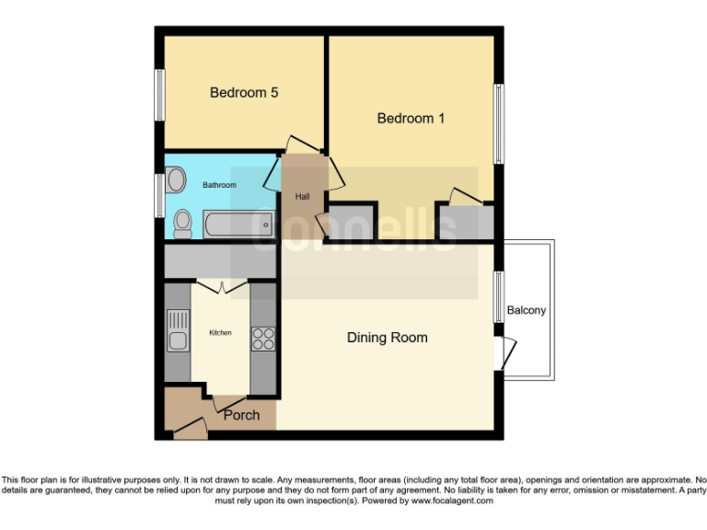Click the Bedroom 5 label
(x=244, y=93)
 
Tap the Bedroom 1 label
(x=411, y=119)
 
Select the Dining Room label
(x=387, y=338)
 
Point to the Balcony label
(x=527, y=310)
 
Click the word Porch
(x=242, y=415)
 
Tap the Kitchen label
(x=220, y=332)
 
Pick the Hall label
(x=303, y=197)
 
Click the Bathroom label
(x=220, y=185)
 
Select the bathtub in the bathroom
(x=238, y=224)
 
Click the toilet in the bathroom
(x=182, y=223)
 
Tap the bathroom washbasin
(x=176, y=178)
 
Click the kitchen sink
(x=177, y=332)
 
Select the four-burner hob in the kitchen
(x=263, y=339)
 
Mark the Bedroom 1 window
(x=498, y=123)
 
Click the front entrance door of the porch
(x=190, y=425)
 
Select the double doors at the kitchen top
(x=221, y=286)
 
